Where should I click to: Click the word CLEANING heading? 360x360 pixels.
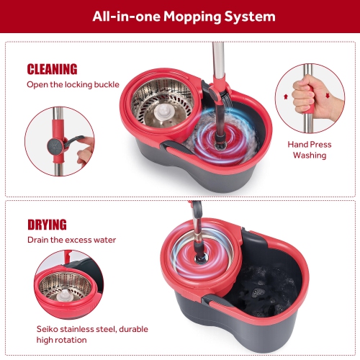tap(53, 70)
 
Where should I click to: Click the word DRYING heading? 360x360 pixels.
tap(47, 225)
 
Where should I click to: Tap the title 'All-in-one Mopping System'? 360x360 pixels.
tap(179, 16)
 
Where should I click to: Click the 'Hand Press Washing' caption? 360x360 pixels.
tap(310, 149)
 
